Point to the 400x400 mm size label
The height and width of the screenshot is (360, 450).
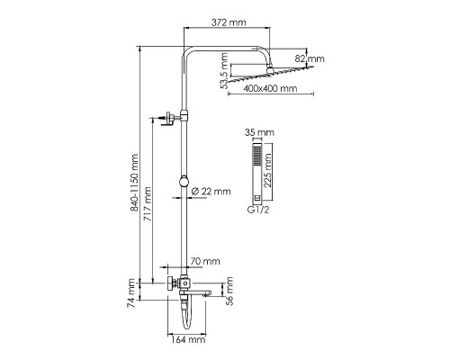click(x=272, y=90)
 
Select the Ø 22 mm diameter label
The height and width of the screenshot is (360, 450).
click(x=213, y=191)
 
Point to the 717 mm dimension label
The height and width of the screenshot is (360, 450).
click(x=148, y=207)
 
